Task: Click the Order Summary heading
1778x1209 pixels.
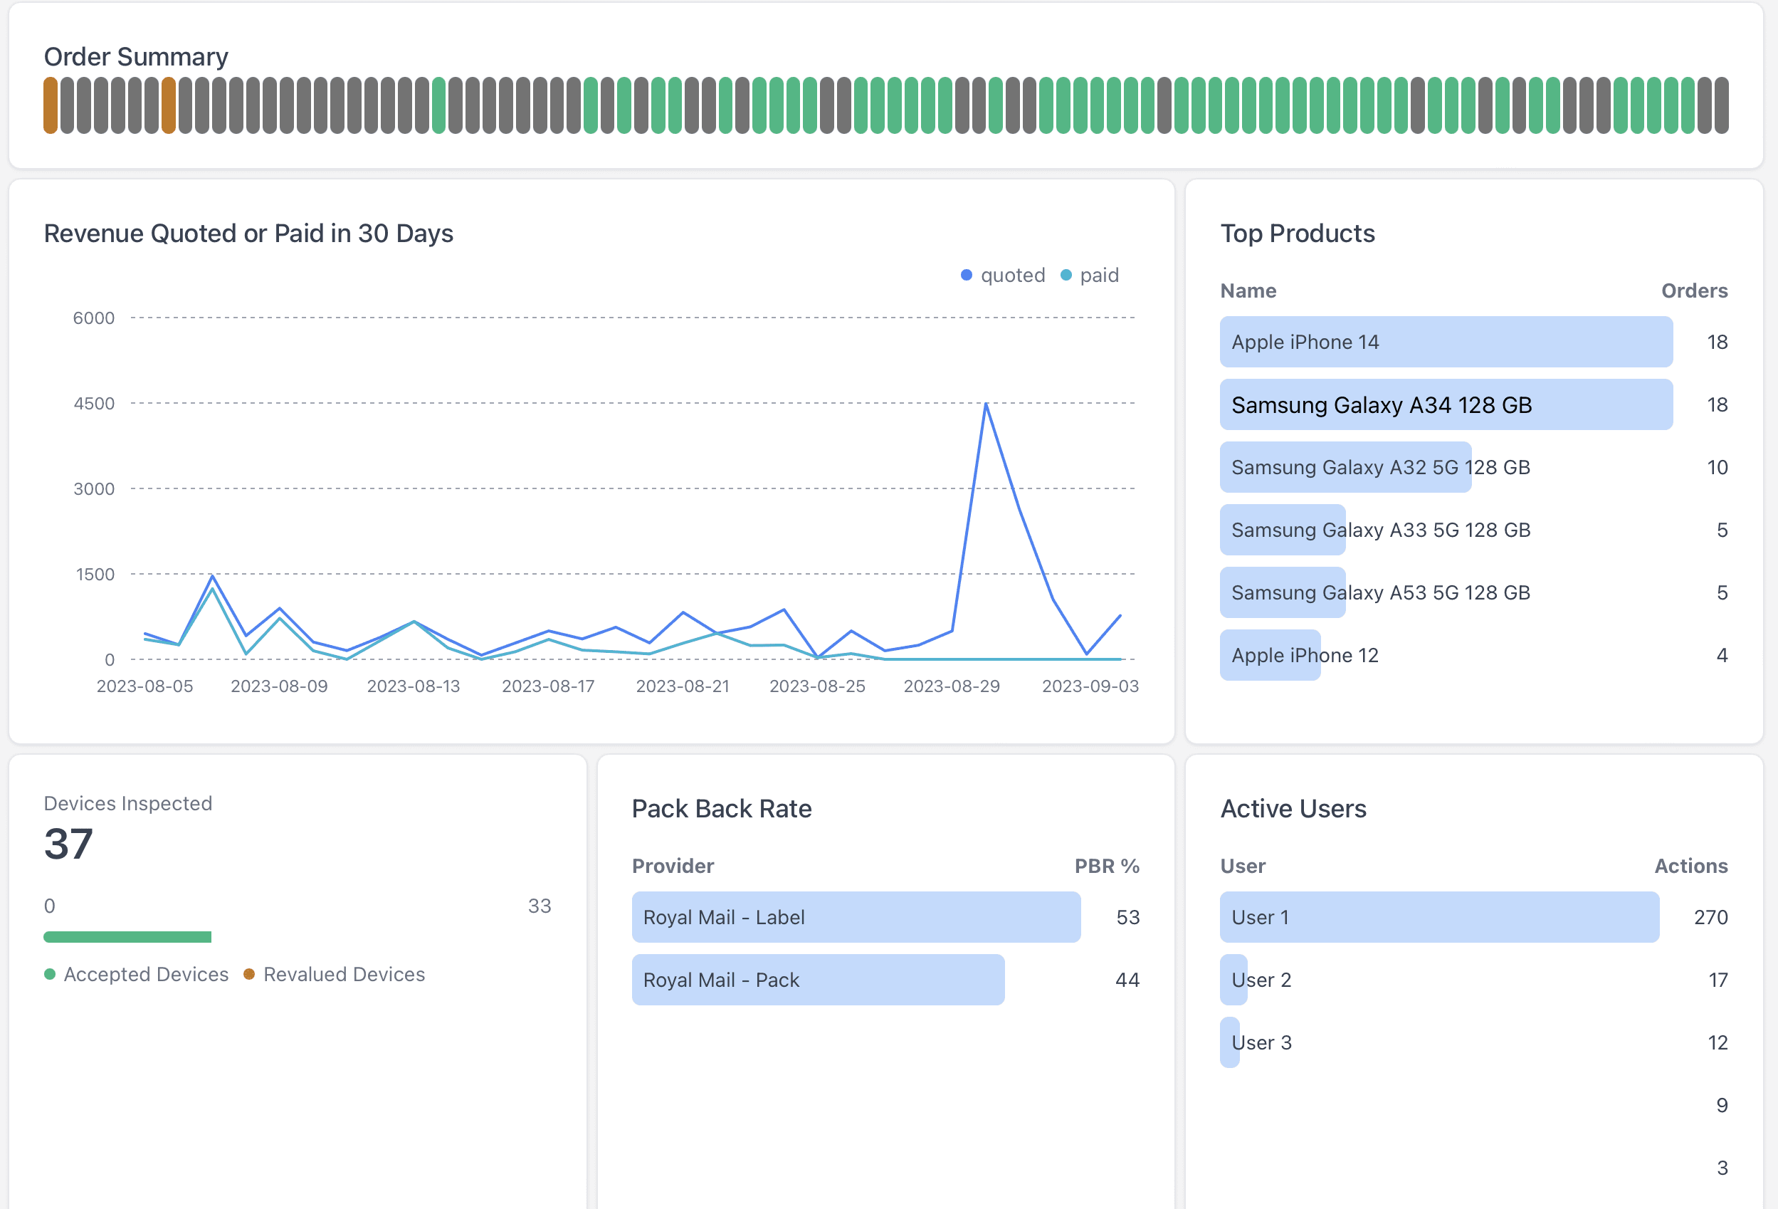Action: [x=135, y=57]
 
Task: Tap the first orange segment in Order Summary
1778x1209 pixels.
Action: [x=51, y=105]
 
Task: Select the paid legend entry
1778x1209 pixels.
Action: [x=1090, y=275]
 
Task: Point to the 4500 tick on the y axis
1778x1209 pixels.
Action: [x=93, y=403]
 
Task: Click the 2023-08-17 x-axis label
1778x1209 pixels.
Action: [x=548, y=686]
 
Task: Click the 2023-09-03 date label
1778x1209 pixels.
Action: [x=1090, y=686]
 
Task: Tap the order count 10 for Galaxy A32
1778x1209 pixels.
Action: [x=1717, y=467]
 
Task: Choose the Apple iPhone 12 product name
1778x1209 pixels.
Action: [x=1305, y=655]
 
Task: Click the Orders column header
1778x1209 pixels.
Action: [x=1694, y=291]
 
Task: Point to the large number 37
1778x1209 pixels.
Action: [x=68, y=844]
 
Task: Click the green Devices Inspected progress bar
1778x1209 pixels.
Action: [x=127, y=936]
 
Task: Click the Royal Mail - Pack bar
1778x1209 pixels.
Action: [x=817, y=980]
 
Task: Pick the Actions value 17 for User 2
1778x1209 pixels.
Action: [x=1717, y=980]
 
